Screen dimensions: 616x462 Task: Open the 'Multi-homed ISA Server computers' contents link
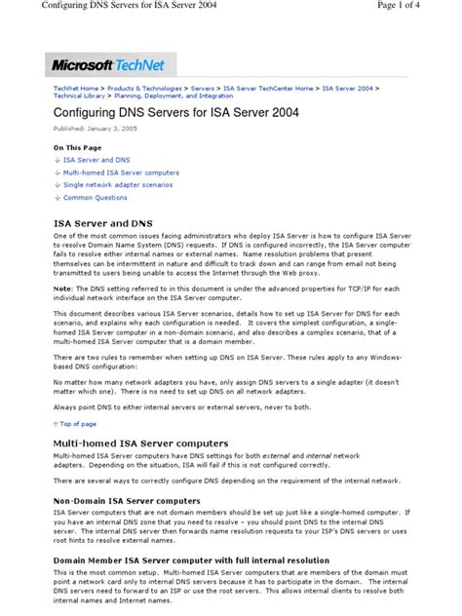pos(122,173)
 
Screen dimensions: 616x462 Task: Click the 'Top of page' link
pos(78,424)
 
